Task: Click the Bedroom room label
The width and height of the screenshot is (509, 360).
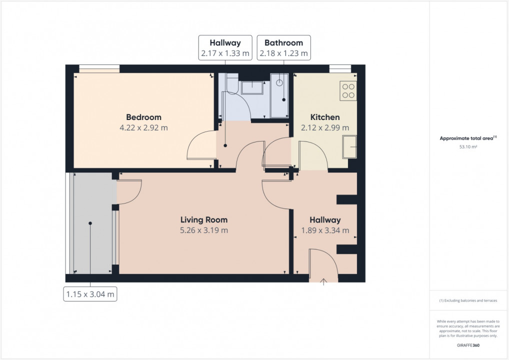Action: tap(143, 117)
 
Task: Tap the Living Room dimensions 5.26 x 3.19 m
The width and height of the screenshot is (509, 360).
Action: tap(204, 230)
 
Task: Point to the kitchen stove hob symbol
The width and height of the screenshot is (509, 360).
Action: tap(348, 90)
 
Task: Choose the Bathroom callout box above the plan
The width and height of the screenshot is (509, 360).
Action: tap(283, 48)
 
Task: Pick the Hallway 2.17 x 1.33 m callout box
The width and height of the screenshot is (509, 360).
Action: tap(224, 48)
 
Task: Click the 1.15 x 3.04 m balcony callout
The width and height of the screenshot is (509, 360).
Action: tap(90, 294)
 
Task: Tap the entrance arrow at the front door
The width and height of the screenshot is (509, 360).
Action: tap(323, 282)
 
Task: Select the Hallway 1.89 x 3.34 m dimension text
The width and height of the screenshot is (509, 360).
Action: tap(325, 230)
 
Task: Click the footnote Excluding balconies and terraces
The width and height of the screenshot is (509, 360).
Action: tap(467, 300)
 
